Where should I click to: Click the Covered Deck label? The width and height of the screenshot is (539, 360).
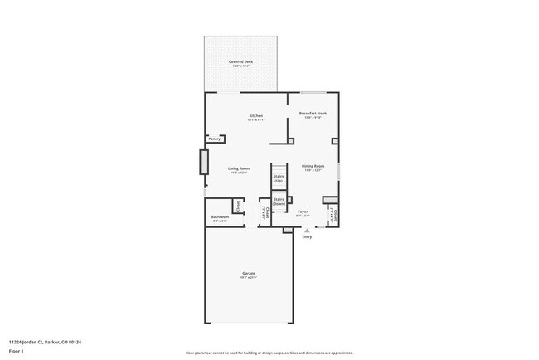click(241, 62)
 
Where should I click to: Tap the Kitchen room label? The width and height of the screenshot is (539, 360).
click(256, 116)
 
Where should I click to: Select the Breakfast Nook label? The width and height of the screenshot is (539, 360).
click(312, 114)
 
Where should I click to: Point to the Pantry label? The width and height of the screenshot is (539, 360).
click(215, 139)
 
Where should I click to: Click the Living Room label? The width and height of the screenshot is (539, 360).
click(239, 169)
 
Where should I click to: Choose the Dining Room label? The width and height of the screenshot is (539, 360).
click(313, 167)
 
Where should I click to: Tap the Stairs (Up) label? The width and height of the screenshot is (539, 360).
click(279, 178)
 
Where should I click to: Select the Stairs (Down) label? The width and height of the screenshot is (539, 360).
click(279, 202)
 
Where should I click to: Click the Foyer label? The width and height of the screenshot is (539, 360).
click(303, 212)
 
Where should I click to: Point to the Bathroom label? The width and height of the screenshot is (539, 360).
click(220, 217)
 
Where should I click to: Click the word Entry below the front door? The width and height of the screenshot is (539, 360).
click(307, 237)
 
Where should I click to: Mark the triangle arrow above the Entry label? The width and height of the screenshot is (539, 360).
click(307, 231)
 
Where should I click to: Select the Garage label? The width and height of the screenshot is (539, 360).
click(248, 274)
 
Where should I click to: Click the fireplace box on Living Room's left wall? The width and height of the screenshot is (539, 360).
click(202, 161)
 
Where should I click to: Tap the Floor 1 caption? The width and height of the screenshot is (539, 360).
click(17, 351)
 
